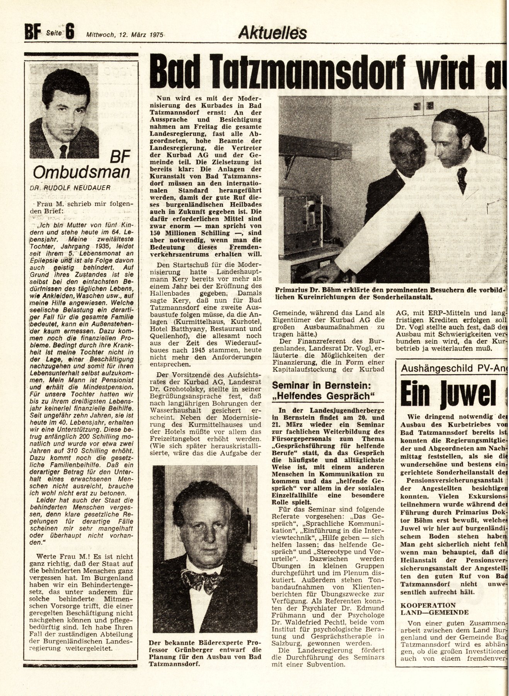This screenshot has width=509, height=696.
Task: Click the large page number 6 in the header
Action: point(70,32)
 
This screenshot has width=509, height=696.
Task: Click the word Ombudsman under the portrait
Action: point(81,172)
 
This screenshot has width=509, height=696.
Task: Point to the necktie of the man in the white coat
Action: point(461,181)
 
